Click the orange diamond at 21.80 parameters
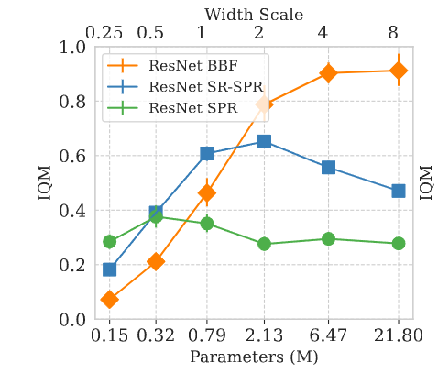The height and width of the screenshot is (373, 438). point(399,71)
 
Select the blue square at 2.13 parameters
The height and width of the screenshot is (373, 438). point(264,141)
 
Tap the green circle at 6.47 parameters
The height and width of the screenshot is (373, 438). point(328,238)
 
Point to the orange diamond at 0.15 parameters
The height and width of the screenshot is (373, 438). point(109,300)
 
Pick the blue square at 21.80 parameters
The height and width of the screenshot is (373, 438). point(399,192)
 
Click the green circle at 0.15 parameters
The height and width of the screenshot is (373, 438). point(109,242)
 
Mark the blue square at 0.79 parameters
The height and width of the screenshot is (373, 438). point(207,153)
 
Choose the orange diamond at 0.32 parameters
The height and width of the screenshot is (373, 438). point(156,261)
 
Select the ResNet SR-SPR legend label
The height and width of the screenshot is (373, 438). point(206,87)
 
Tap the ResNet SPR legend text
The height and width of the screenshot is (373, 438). point(193,108)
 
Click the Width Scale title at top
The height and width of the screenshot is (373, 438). point(254,15)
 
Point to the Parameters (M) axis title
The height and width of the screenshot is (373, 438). point(254,357)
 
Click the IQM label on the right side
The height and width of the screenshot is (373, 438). point(426,182)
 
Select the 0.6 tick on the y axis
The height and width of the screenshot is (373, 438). point(72,156)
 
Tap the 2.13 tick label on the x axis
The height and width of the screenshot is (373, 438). point(264,335)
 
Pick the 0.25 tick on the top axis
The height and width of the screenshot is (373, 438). point(104,32)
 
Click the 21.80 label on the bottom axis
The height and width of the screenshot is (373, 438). point(399,335)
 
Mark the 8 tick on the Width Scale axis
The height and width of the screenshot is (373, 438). point(393,32)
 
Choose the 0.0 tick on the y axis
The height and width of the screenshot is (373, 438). point(72,320)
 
